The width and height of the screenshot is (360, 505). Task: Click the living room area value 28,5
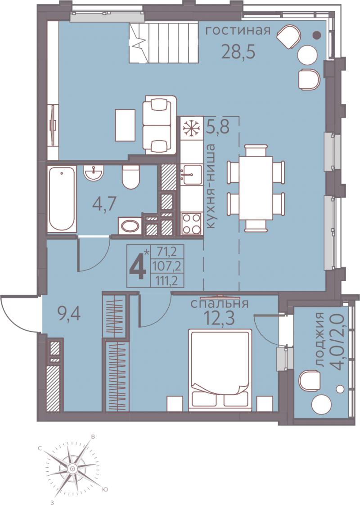coord(238,51)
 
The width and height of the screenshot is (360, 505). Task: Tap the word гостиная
coord(238,31)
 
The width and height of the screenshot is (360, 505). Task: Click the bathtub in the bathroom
coord(62,199)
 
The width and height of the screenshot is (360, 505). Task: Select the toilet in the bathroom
coord(131,177)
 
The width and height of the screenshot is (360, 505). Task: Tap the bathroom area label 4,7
coord(103,203)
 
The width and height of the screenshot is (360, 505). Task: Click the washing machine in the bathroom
coord(130,225)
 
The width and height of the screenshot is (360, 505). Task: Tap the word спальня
coord(220,303)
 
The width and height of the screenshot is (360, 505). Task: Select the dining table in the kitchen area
coord(256,188)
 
